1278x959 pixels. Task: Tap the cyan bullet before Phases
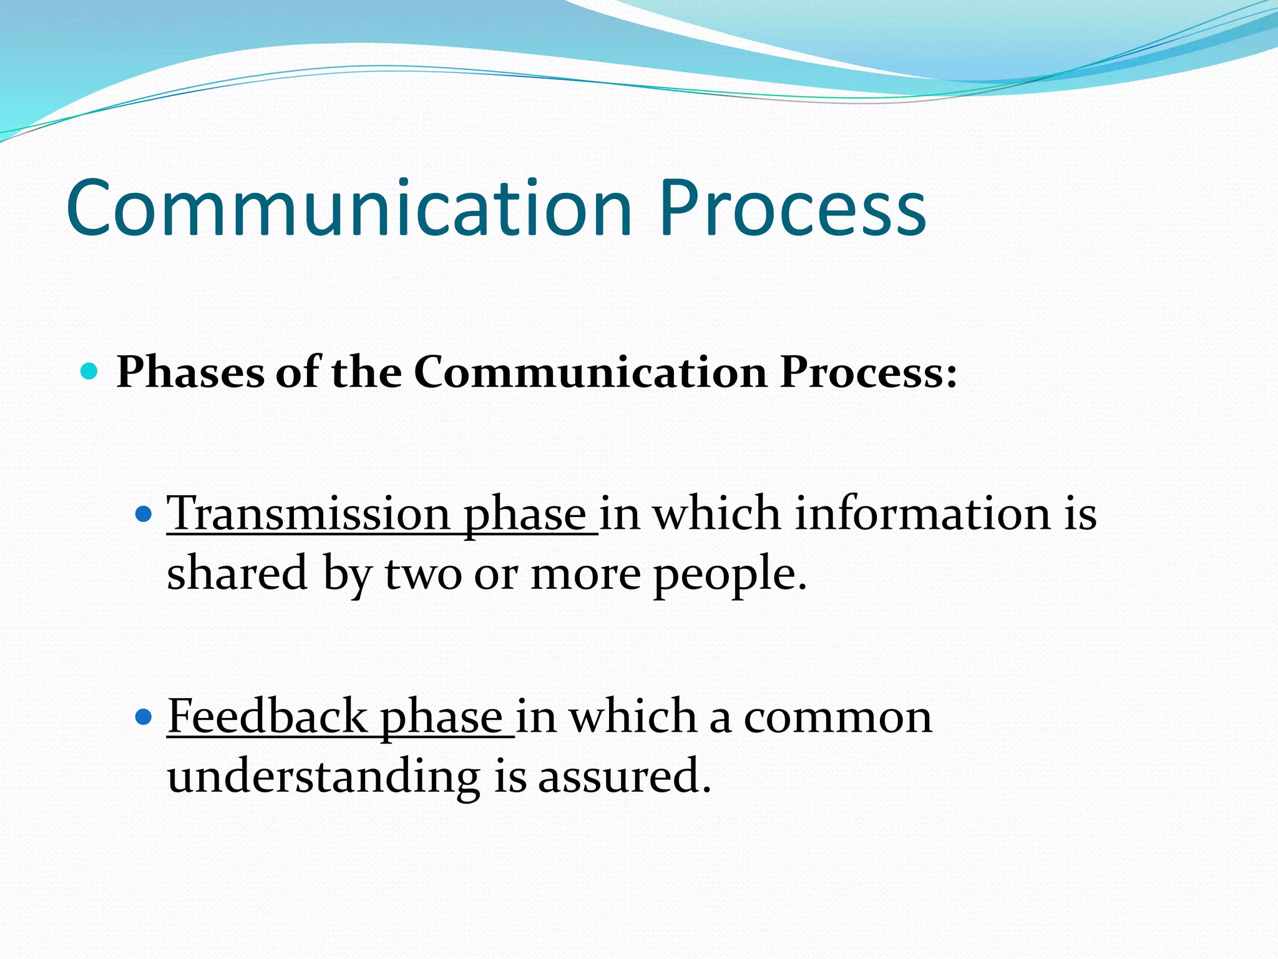(x=90, y=371)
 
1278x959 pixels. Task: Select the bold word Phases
(x=190, y=373)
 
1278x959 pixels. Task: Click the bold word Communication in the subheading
(x=590, y=373)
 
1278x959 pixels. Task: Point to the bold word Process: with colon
(x=868, y=373)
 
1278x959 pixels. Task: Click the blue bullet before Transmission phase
(x=144, y=514)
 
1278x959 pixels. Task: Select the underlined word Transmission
(x=308, y=514)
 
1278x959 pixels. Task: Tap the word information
(x=923, y=514)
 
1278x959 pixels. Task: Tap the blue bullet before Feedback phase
(x=144, y=717)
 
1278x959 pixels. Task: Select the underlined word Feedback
(x=268, y=717)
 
